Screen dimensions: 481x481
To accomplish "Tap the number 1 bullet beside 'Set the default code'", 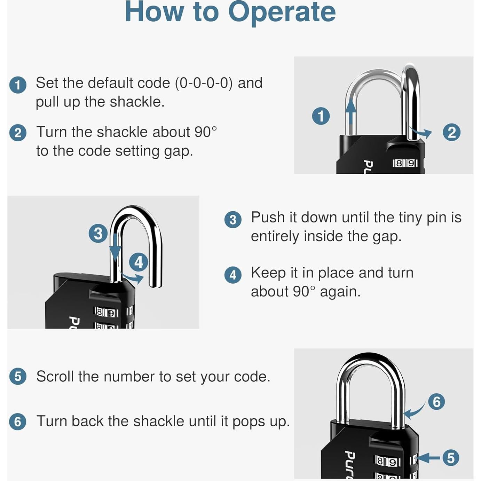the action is pyautogui.click(x=18, y=85).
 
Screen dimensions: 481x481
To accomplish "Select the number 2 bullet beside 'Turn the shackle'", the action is pyautogui.click(x=18, y=133).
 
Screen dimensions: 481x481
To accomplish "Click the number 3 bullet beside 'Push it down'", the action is pyautogui.click(x=232, y=220).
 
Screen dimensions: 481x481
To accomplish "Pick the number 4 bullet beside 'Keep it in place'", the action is pyautogui.click(x=232, y=275).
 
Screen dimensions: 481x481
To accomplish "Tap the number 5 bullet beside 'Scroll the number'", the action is pyautogui.click(x=18, y=376).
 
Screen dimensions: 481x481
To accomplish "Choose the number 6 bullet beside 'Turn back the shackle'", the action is pyautogui.click(x=18, y=421).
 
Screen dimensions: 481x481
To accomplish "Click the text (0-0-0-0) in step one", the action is pyautogui.click(x=204, y=83).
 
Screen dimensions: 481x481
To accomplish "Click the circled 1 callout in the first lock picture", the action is pyautogui.click(x=321, y=116).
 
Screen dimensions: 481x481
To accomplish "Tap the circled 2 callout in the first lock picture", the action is pyautogui.click(x=451, y=132).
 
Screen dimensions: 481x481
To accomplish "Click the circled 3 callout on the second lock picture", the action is pyautogui.click(x=98, y=234).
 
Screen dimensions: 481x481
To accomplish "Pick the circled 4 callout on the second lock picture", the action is pyautogui.click(x=139, y=262).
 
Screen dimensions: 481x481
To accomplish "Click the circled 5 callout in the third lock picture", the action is pyautogui.click(x=451, y=458).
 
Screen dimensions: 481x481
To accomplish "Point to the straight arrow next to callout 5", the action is pyautogui.click(x=428, y=458).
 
